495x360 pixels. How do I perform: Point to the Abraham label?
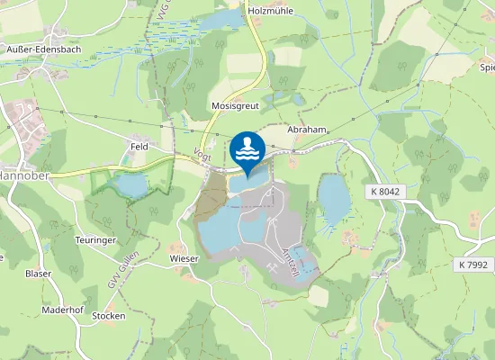click(x=305, y=130)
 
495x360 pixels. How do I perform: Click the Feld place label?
click(x=139, y=144)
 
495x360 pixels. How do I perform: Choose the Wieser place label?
click(x=183, y=257)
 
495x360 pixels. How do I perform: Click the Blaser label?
click(x=39, y=273)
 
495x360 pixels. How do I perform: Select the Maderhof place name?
click(x=62, y=310)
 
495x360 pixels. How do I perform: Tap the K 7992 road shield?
click(x=473, y=265)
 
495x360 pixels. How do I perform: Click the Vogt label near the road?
click(x=203, y=157)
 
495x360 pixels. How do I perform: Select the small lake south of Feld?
click(x=132, y=186)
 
